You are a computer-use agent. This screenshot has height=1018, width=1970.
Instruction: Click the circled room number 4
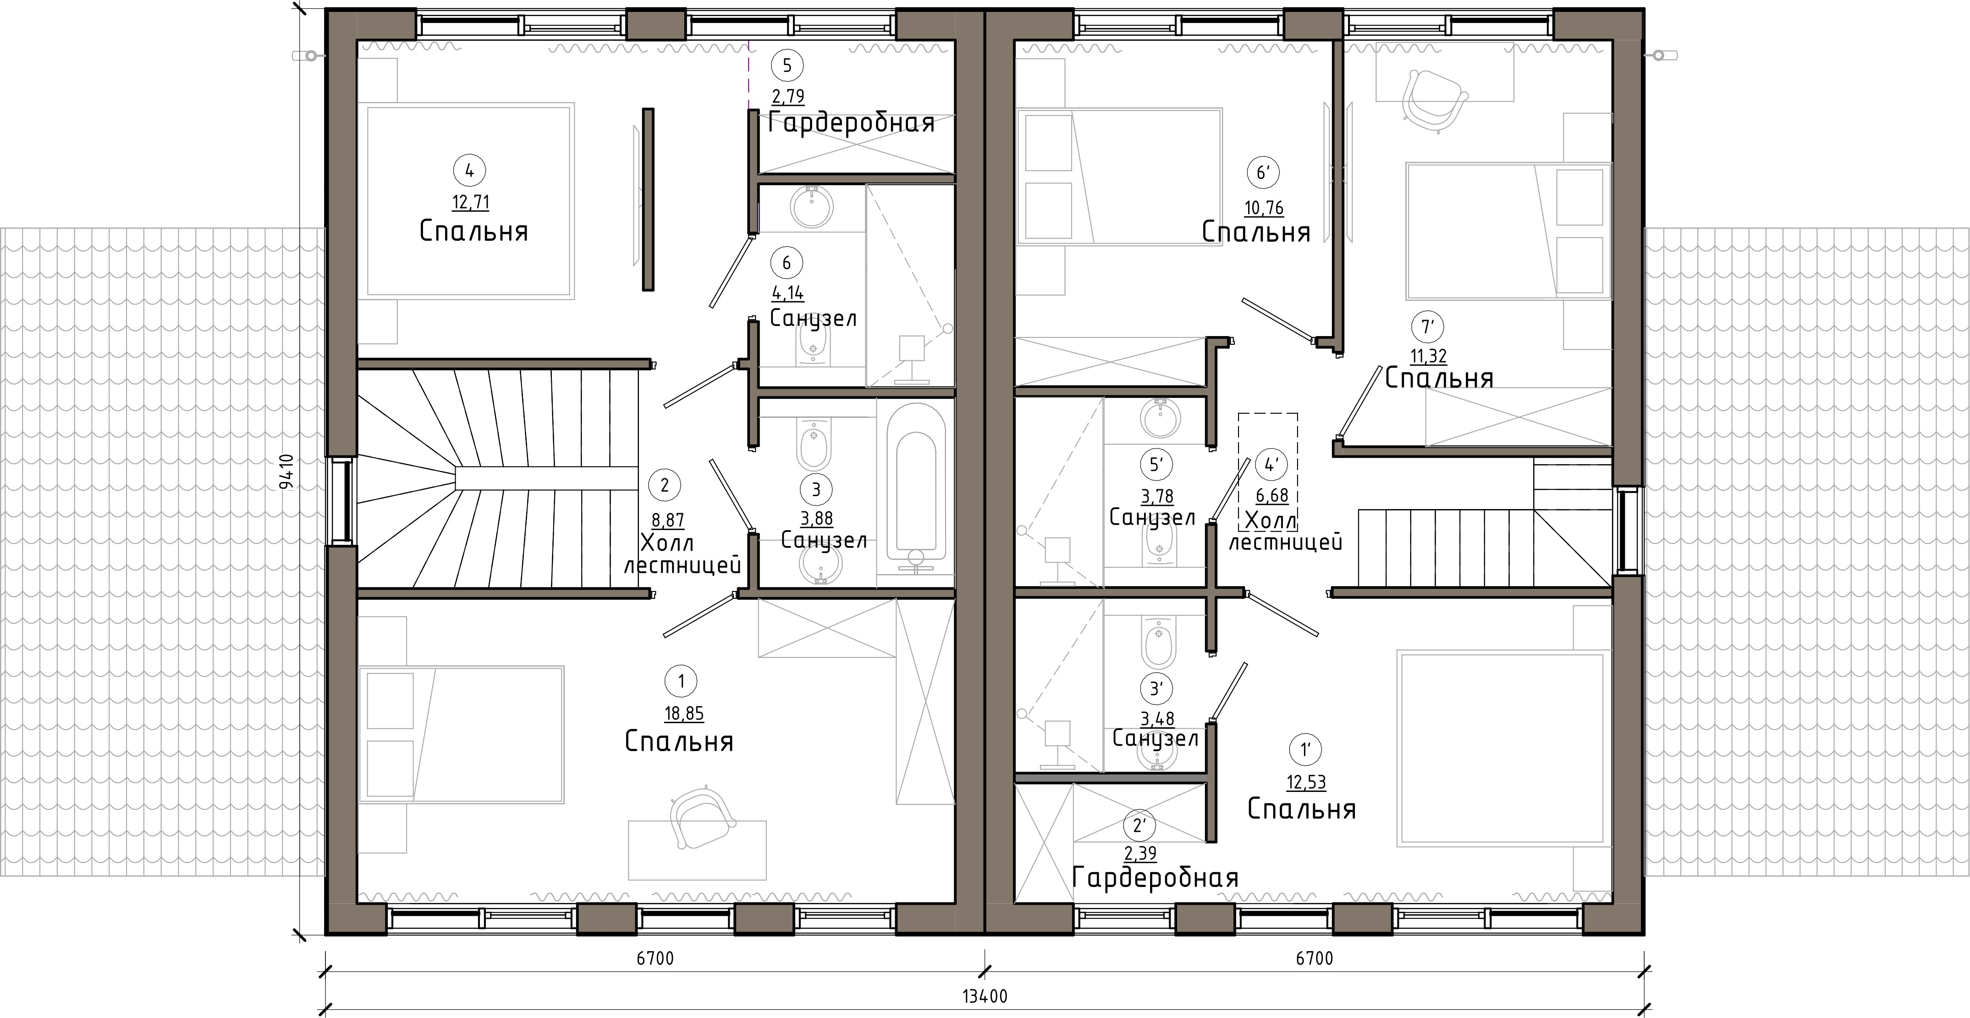click(x=469, y=171)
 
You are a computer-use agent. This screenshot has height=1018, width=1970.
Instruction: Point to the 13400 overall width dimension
click(x=984, y=996)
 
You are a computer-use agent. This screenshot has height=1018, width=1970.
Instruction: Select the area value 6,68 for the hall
click(x=1272, y=496)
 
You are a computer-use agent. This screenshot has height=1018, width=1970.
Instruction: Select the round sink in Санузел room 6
click(x=811, y=206)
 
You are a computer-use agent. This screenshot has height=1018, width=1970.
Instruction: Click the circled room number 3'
click(x=1156, y=688)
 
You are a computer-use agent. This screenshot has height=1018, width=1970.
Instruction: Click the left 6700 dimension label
click(x=655, y=958)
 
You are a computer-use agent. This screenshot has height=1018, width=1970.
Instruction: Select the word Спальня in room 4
click(x=473, y=231)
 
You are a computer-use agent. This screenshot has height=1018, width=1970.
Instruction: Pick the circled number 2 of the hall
click(x=664, y=485)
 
